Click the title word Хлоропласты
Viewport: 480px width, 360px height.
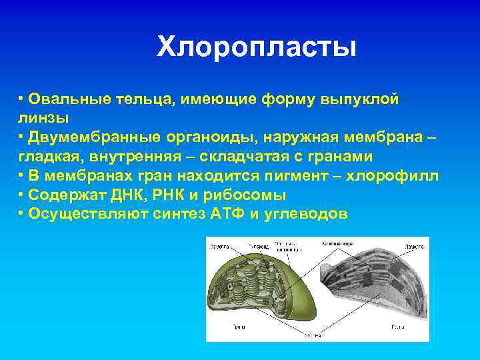tap(257, 47)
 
